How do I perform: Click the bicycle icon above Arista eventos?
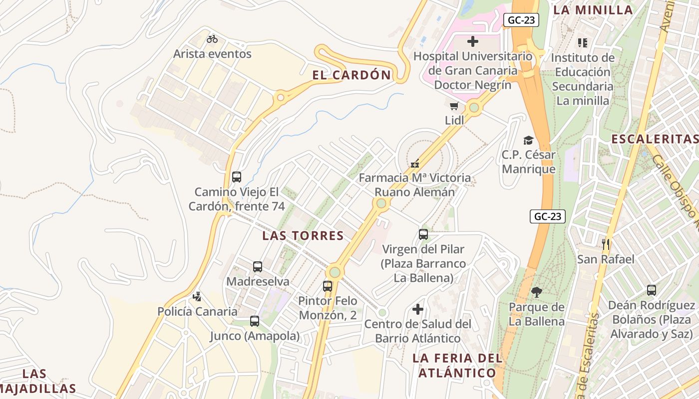tap(212, 38)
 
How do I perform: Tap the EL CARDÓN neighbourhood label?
tap(351, 75)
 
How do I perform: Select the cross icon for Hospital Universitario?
tap(473, 41)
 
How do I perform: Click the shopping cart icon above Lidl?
tap(454, 106)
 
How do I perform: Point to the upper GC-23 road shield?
tap(521, 20)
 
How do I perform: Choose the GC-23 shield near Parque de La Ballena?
tap(547, 216)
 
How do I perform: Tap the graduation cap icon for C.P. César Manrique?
tap(528, 140)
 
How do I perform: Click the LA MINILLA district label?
tap(594, 10)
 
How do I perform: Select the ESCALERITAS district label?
tap(655, 139)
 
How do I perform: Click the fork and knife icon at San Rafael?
tap(606, 244)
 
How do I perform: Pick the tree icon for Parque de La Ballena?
tap(537, 292)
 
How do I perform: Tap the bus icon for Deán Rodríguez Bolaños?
tap(651, 290)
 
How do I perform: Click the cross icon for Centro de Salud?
tap(418, 309)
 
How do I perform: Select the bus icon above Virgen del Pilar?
tap(423, 234)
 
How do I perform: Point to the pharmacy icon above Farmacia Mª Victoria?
tap(414, 163)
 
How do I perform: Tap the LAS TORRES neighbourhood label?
tap(303, 236)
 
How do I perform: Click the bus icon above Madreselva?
tap(258, 267)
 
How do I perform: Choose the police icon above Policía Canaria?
tap(197, 297)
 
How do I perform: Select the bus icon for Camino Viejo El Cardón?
tap(237, 177)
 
